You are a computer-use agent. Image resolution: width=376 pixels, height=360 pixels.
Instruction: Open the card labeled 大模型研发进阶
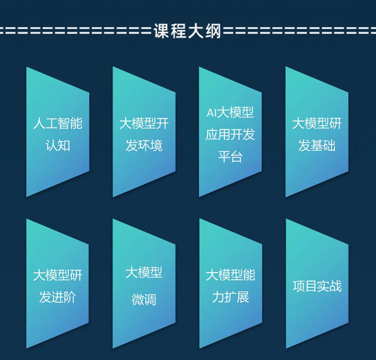[x=57, y=285]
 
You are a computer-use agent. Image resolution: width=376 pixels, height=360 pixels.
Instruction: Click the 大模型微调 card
[x=144, y=285]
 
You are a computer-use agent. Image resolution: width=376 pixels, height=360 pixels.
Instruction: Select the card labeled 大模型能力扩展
[x=230, y=285]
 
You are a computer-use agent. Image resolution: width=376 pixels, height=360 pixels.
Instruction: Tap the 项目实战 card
[x=316, y=285]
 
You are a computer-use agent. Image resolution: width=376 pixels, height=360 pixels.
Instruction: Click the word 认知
[x=57, y=146]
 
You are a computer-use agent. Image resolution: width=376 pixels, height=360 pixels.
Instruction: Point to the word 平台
[x=230, y=157]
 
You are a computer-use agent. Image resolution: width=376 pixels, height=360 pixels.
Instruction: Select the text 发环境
[x=144, y=146]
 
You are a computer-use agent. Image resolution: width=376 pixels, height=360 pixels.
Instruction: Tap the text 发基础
[x=316, y=146]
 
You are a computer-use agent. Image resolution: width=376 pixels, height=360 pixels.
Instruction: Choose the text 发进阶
[x=57, y=298]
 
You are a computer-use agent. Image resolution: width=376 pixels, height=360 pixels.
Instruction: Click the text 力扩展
[x=230, y=298]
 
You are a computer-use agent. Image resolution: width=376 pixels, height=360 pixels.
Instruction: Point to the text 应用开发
[x=230, y=134]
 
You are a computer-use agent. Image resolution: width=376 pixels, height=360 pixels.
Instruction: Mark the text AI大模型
[x=230, y=113]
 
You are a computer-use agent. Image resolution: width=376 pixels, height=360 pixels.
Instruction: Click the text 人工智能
[x=57, y=123]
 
